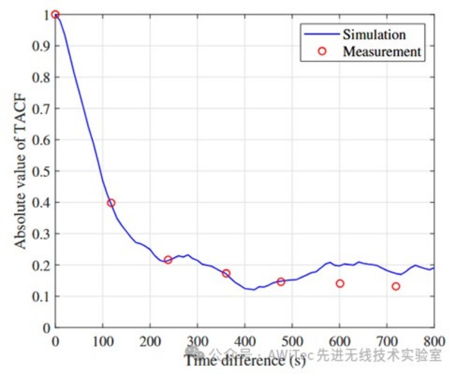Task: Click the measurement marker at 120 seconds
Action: coord(111,203)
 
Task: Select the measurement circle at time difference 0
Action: coord(55,14)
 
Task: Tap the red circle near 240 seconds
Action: coord(168,260)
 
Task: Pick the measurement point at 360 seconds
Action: coord(226,274)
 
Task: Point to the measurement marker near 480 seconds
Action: coord(280,281)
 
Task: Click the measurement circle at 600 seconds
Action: coord(340,284)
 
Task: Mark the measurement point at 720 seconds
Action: coord(396,286)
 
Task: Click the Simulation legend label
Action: coord(374,34)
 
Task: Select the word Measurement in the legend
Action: coord(382,51)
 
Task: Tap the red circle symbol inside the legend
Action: coord(322,51)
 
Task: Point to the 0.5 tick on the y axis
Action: coord(43,171)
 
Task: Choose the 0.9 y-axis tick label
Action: coord(43,46)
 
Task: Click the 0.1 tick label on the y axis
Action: coord(43,297)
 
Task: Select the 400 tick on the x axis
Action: coord(244,339)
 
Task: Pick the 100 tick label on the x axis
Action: coord(103,339)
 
